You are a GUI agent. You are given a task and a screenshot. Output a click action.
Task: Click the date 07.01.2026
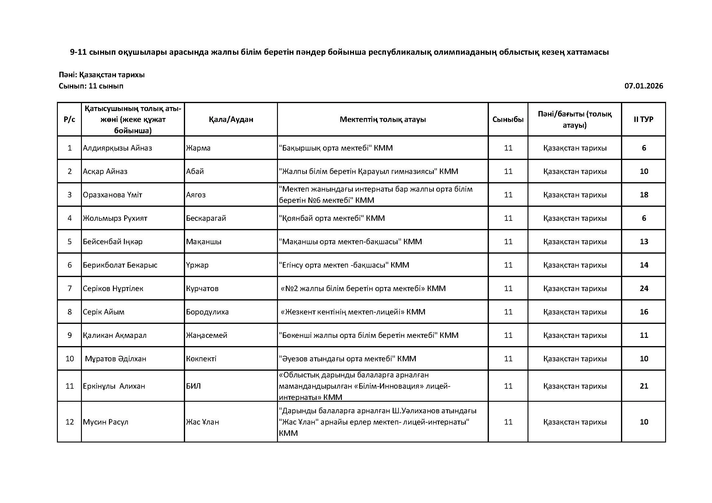[x=644, y=86]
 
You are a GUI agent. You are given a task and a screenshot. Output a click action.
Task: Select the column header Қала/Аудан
[x=231, y=120]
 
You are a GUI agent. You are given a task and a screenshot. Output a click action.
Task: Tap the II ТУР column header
[x=644, y=120]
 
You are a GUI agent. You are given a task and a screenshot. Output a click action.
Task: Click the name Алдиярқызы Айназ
[x=117, y=148]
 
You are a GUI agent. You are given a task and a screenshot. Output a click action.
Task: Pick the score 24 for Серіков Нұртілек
[x=644, y=288]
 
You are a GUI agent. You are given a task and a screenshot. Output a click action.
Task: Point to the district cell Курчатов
[x=202, y=288]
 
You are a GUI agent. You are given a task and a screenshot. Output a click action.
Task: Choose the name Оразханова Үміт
[x=112, y=195]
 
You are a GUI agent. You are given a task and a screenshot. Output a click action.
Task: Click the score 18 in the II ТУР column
[x=644, y=195]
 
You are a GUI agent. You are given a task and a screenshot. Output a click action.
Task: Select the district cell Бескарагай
[x=206, y=218]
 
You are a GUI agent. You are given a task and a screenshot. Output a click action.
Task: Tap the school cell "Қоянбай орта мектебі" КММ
[x=332, y=218]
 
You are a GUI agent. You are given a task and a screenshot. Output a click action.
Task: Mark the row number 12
[x=69, y=422]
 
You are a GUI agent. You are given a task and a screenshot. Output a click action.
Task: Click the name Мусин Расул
[x=105, y=422]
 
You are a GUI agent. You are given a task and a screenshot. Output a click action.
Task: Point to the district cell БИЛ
[x=194, y=386]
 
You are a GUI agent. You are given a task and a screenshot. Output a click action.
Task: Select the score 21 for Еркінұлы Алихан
[x=644, y=386]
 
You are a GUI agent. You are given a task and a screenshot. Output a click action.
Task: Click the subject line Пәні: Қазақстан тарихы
[x=102, y=75]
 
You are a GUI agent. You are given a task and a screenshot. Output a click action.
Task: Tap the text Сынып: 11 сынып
[x=91, y=86]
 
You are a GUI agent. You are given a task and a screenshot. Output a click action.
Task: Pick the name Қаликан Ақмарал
[x=114, y=335]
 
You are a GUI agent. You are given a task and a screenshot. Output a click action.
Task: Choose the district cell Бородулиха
[x=207, y=312]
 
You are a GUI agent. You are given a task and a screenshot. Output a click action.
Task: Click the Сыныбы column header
[x=508, y=120]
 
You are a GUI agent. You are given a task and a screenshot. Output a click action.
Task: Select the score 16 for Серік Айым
[x=644, y=312]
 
